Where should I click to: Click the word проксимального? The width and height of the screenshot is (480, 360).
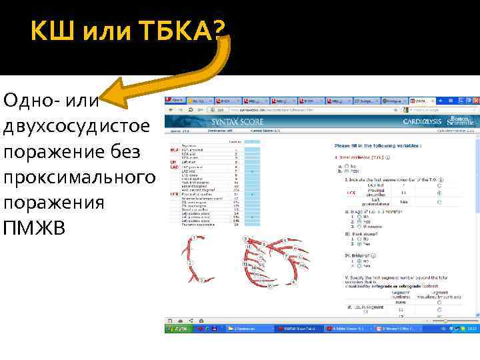(x=79, y=178)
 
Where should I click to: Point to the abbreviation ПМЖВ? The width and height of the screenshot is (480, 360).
(x=35, y=229)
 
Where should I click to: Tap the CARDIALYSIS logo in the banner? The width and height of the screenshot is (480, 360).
(x=423, y=122)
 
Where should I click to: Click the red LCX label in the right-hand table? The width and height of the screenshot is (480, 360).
(x=351, y=193)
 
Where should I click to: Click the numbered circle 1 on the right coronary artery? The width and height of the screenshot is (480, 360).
(x=193, y=238)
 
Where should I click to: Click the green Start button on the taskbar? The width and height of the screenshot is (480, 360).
(x=177, y=329)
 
